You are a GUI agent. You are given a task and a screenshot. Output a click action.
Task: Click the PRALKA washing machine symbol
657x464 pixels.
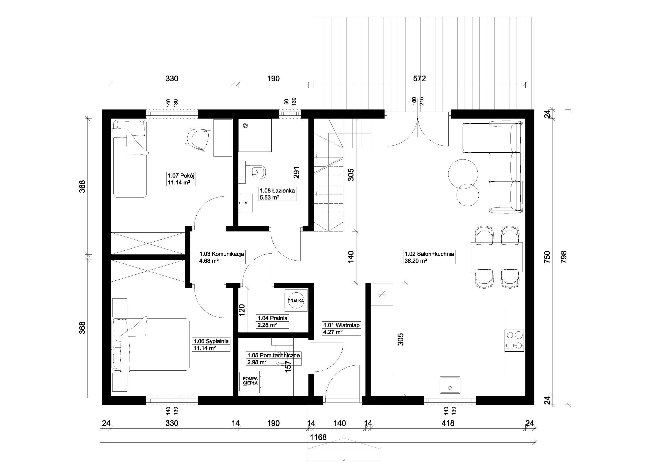pos(296,300)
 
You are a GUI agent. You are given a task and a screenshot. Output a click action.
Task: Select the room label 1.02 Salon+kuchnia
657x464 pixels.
pos(429,254)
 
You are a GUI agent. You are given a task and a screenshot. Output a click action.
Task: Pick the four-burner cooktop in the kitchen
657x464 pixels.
pos(514,341)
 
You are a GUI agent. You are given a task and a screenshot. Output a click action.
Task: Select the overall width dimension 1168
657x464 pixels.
pos(318,437)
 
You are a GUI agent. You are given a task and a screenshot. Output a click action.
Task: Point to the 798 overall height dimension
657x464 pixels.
pos(564,257)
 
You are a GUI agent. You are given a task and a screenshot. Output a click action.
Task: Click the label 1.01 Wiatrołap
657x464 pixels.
pos(341,325)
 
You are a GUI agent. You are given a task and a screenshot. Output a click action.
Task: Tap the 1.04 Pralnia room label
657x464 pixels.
pos(272,318)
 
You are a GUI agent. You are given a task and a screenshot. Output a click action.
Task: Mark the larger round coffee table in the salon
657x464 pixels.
pos(463,173)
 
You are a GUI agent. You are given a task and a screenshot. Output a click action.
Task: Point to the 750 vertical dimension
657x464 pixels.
pos(547,257)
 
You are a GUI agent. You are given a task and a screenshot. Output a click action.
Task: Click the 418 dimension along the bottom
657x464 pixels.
pos(448,423)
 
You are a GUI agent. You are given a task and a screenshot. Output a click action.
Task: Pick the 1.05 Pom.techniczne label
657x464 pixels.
pos(274,355)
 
